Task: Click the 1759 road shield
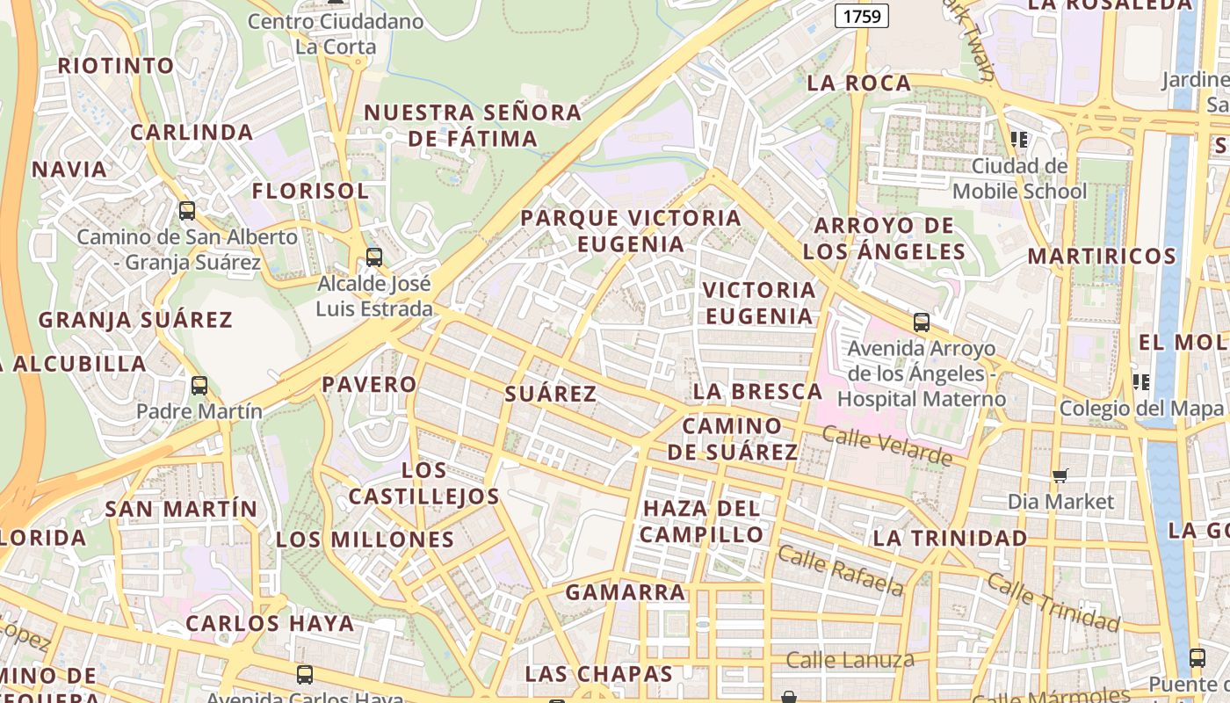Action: coord(861,15)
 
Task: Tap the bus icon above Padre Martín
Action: coord(199,386)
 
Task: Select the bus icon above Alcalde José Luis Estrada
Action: coord(374,257)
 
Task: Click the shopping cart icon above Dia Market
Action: coord(1060,475)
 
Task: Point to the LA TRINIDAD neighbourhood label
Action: coord(950,538)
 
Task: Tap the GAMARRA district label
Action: coord(626,592)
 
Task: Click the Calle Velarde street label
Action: coord(887,446)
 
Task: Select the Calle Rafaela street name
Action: coord(841,570)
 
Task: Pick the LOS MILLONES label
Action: coord(365,540)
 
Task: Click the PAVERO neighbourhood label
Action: coord(369,384)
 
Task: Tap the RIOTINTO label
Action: coord(116,66)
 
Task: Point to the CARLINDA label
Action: coord(192,133)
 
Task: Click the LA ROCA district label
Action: coord(858,83)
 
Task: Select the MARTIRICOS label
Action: coord(1102,257)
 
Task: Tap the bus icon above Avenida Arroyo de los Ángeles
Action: coord(921,323)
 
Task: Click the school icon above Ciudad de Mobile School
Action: coord(1019,139)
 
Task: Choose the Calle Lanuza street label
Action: coord(850,660)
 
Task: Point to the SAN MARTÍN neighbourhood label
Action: coord(181,509)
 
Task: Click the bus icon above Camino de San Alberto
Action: coord(187,211)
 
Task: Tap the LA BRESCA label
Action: coord(757,392)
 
